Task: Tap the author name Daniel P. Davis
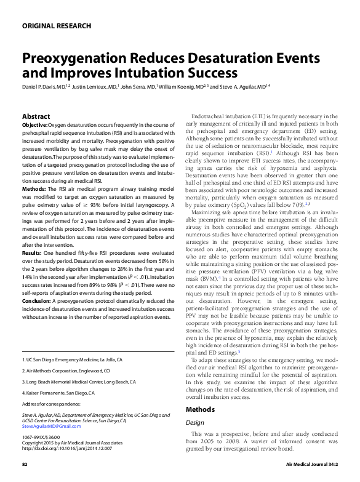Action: click(x=42, y=87)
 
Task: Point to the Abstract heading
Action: click(x=36, y=116)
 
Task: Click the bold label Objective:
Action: click(x=34, y=124)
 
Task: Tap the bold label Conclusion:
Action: click(x=36, y=301)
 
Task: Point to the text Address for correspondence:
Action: click(x=51, y=404)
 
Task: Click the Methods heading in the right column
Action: click(x=201, y=409)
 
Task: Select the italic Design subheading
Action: click(x=195, y=422)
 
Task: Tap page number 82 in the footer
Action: click(x=25, y=464)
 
